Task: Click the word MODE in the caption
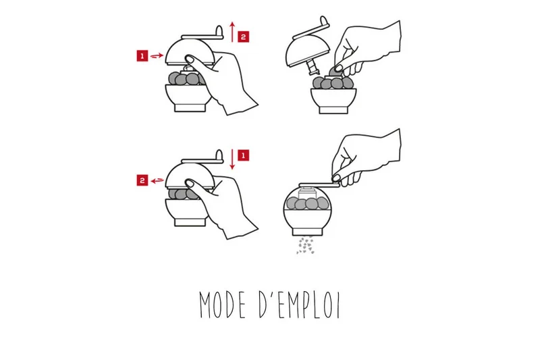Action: pos(223,305)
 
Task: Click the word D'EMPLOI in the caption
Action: pos(300,305)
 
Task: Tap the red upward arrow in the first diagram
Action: pos(232,32)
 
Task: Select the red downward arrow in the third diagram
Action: pos(232,159)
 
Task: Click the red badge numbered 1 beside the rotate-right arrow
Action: pos(142,56)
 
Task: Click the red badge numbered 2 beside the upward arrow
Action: pos(244,37)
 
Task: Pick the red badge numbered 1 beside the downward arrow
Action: pos(244,155)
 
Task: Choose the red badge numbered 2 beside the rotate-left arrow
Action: pos(142,180)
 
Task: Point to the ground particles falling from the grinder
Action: pos(306,245)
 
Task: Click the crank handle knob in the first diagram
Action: pos(219,30)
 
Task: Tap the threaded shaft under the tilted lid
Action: pos(313,66)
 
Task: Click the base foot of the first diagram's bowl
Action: pos(190,107)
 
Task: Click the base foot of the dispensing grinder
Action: pos(308,232)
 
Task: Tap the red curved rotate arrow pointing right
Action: pos(157,55)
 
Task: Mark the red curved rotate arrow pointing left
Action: pos(157,180)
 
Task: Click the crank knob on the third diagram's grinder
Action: pos(219,155)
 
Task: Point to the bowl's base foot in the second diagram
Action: pos(333,109)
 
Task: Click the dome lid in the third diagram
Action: pos(190,175)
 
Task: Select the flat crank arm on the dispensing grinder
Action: pos(319,185)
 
